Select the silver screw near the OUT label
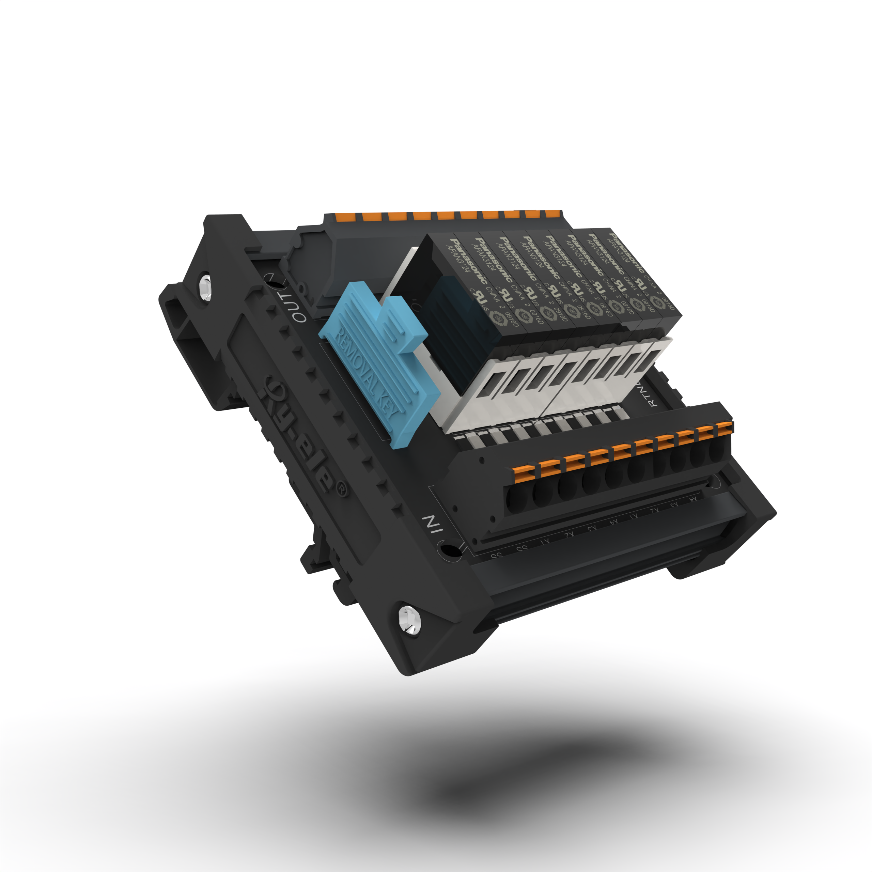[x=205, y=287]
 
